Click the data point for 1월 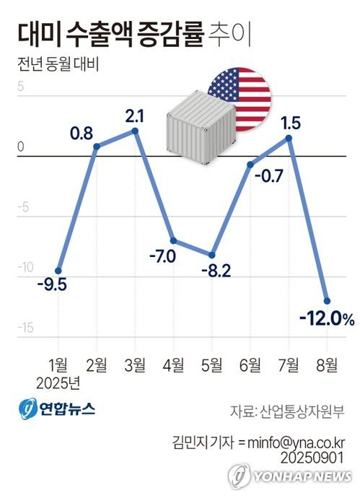click(x=58, y=271)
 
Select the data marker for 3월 click(x=135, y=131)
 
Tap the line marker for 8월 click(x=327, y=301)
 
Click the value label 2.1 click(x=135, y=115)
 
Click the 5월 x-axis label click(x=212, y=364)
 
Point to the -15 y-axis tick click(x=25, y=328)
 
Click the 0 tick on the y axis click(x=21, y=147)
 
